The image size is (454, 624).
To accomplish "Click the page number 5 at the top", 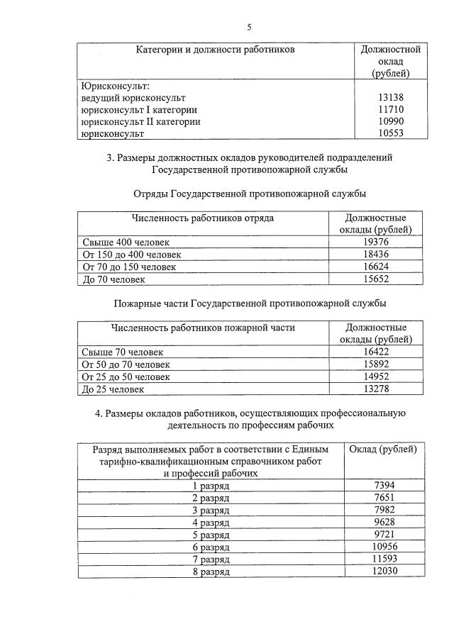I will click(249, 27).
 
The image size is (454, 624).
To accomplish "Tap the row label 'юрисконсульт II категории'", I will click(140, 121).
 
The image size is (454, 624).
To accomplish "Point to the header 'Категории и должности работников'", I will click(215, 50).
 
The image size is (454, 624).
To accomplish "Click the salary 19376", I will click(375, 243).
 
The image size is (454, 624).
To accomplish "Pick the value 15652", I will click(375, 279).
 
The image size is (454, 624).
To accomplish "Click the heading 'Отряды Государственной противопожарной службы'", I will click(250, 194).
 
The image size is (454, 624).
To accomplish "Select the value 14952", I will click(375, 377).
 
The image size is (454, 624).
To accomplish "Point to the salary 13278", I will click(375, 389).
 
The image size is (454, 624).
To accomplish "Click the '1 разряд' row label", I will click(211, 486).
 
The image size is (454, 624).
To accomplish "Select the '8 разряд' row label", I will click(211, 572).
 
